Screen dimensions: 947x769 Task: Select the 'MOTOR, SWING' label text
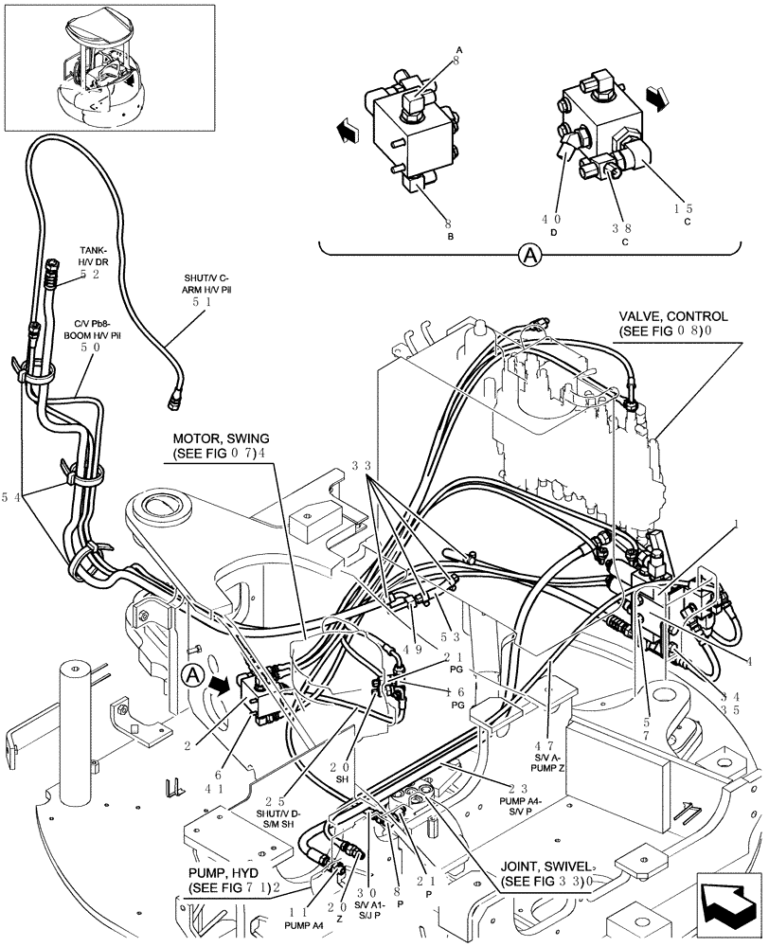pyautogui.click(x=221, y=438)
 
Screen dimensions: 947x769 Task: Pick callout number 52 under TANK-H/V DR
pyautogui.click(x=90, y=275)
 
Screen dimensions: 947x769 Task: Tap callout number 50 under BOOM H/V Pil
pyautogui.click(x=90, y=348)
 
